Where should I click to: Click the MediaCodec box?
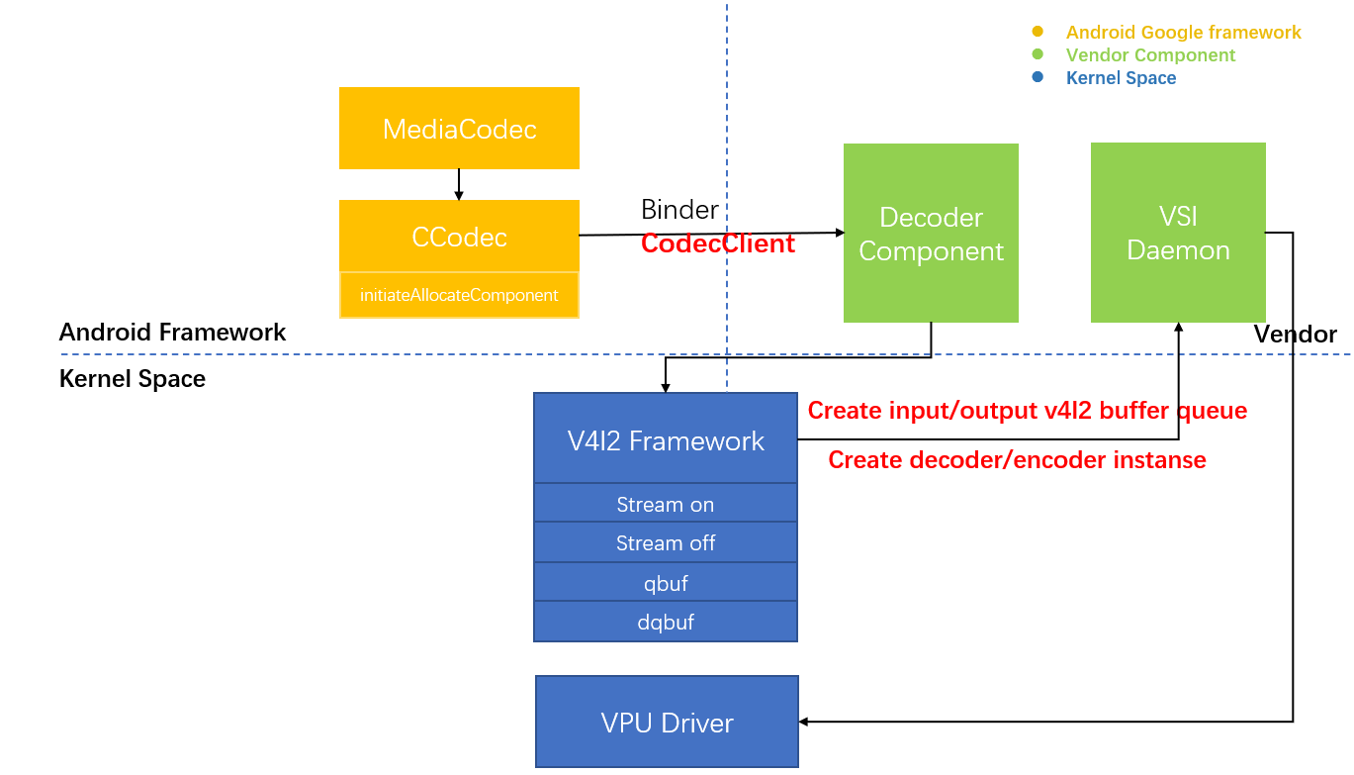[459, 129]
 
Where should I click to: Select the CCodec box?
[459, 237]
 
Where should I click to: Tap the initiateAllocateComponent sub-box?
[459, 295]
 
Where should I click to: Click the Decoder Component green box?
[931, 234]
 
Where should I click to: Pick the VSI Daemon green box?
[1178, 233]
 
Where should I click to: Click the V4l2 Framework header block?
[666, 439]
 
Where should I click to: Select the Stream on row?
[666, 504]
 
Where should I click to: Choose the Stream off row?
[666, 542]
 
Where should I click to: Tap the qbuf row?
[666, 583]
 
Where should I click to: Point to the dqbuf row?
[666, 622]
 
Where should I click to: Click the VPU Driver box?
[667, 722]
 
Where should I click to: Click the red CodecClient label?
[717, 243]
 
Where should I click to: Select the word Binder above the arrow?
[679, 210]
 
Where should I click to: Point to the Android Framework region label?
[172, 332]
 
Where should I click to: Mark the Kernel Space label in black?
[133, 379]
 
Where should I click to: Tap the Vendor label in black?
[1295, 335]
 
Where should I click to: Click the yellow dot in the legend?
[1037, 32]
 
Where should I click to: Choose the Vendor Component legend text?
[1150, 55]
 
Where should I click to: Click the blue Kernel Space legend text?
[1121, 78]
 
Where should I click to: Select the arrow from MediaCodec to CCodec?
[459, 184]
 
